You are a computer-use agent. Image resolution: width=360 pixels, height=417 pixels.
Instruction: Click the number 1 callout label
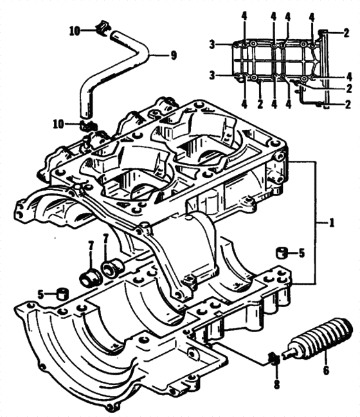(332, 224)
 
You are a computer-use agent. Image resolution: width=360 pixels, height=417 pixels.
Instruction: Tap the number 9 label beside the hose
(173, 55)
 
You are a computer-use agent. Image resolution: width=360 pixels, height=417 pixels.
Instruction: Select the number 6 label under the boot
(325, 370)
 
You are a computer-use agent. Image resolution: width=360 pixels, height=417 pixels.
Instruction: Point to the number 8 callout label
(276, 386)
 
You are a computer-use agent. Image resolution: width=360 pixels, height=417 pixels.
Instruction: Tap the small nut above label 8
(273, 358)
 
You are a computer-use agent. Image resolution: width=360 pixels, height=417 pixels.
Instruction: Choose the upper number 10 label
(75, 30)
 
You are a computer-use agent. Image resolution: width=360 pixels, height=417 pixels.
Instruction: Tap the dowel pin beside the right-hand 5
(281, 251)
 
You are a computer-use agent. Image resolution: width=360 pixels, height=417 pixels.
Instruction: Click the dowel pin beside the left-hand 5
(63, 294)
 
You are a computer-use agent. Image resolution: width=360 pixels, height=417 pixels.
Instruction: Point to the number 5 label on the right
(301, 253)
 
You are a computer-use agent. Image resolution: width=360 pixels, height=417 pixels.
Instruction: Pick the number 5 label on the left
(41, 294)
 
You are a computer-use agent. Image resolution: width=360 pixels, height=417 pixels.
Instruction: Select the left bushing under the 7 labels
(88, 278)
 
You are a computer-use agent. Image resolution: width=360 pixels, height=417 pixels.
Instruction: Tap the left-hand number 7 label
(91, 247)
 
